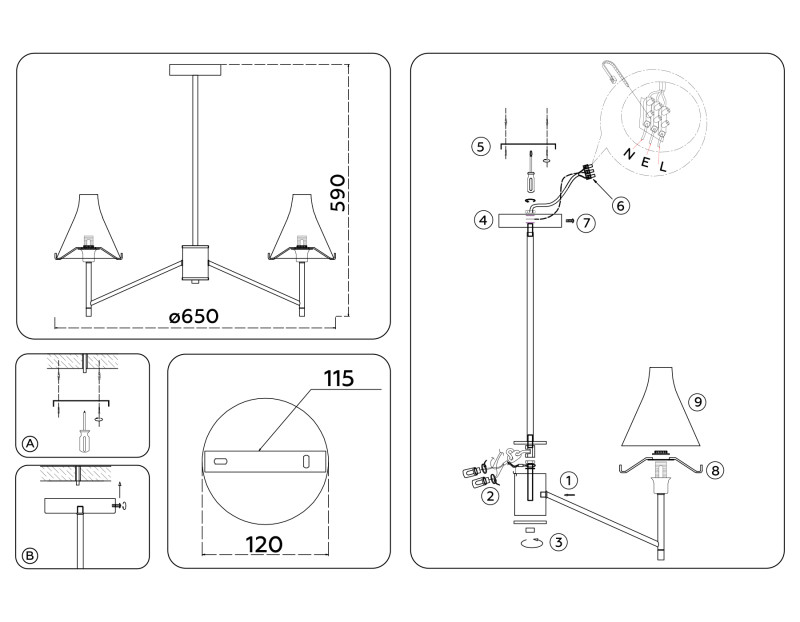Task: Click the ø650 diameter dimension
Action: click(x=194, y=316)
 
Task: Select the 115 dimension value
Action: click(x=340, y=379)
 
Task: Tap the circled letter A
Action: click(x=30, y=443)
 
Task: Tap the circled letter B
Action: click(x=30, y=554)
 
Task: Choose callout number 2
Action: click(x=490, y=495)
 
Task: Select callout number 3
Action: click(x=559, y=542)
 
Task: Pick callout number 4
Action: click(x=482, y=218)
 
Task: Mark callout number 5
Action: click(x=481, y=146)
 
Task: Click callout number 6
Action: click(x=620, y=206)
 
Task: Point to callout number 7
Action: click(x=586, y=222)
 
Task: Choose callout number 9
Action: click(x=698, y=401)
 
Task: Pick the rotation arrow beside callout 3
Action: click(x=530, y=541)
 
